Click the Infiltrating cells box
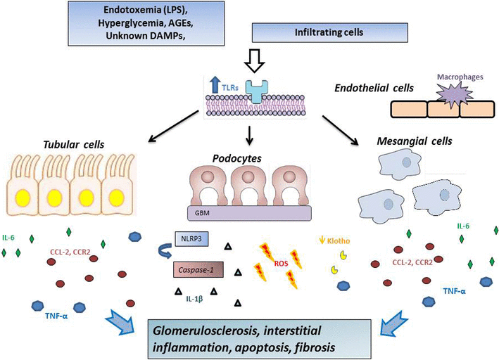pyautogui.click(x=305, y=32)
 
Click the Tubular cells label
pyautogui.click(x=76, y=143)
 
